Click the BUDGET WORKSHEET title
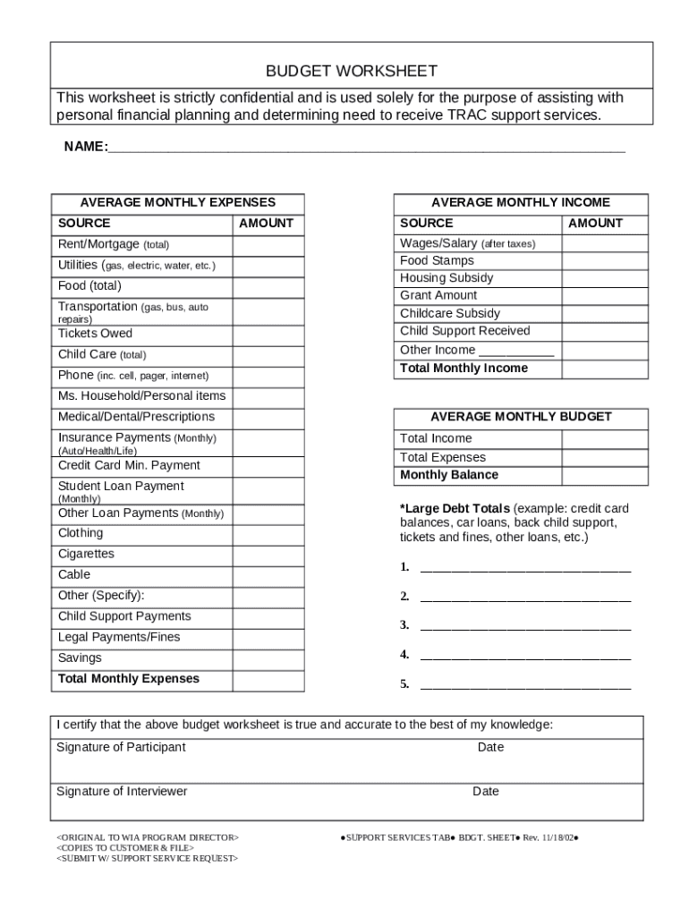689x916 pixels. click(x=351, y=71)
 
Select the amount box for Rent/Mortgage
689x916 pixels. click(x=268, y=244)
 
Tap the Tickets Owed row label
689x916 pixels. click(x=95, y=334)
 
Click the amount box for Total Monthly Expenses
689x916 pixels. click(x=268, y=679)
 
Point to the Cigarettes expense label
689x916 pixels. click(x=86, y=554)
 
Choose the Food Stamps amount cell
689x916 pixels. click(x=604, y=260)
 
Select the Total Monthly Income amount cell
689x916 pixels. click(x=604, y=369)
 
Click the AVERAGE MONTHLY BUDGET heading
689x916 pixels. click(x=521, y=417)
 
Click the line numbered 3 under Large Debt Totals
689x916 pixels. click(x=525, y=626)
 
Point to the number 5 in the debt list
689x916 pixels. click(x=404, y=684)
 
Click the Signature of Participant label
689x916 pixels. click(x=121, y=747)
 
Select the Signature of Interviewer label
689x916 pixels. click(x=122, y=792)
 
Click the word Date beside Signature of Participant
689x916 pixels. click(x=490, y=747)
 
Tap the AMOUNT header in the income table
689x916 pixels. click(x=595, y=224)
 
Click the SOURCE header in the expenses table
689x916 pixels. click(x=84, y=224)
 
